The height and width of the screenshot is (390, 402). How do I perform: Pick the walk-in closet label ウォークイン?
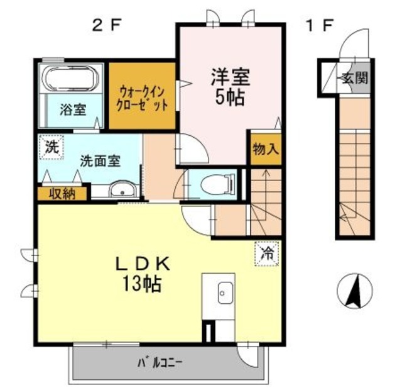pos(143,89)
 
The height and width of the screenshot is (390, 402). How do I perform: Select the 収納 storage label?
pos(63,194)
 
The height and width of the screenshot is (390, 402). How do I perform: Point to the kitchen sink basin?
pos(224,292)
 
